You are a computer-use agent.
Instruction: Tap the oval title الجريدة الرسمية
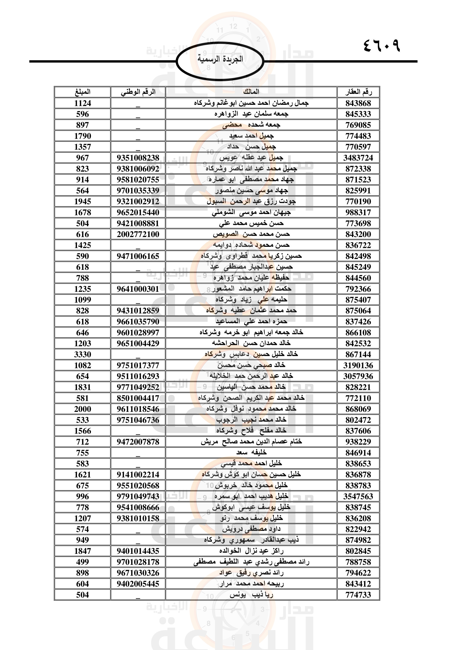click(x=220, y=59)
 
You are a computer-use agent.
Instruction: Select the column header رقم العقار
click(x=358, y=92)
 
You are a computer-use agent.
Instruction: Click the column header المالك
click(x=251, y=92)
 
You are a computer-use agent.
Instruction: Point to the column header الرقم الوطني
click(x=138, y=92)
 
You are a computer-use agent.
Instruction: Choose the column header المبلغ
click(x=82, y=92)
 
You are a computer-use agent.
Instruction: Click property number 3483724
click(x=358, y=158)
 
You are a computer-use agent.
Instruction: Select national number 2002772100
click(x=138, y=235)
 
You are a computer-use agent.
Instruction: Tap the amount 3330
click(x=82, y=354)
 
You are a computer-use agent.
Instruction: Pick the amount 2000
click(x=82, y=409)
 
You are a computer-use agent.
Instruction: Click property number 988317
click(x=358, y=213)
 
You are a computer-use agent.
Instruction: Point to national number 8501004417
click(x=138, y=398)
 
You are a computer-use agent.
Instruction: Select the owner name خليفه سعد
click(x=251, y=453)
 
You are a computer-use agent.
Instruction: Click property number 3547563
click(x=358, y=497)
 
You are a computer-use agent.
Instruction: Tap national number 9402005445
click(x=138, y=584)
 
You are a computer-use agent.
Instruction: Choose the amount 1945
click(x=82, y=201)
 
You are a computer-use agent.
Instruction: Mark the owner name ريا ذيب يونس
click(x=251, y=595)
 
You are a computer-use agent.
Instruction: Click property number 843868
click(x=358, y=103)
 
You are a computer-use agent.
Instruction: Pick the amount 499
click(x=82, y=562)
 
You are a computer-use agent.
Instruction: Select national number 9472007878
click(x=138, y=442)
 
